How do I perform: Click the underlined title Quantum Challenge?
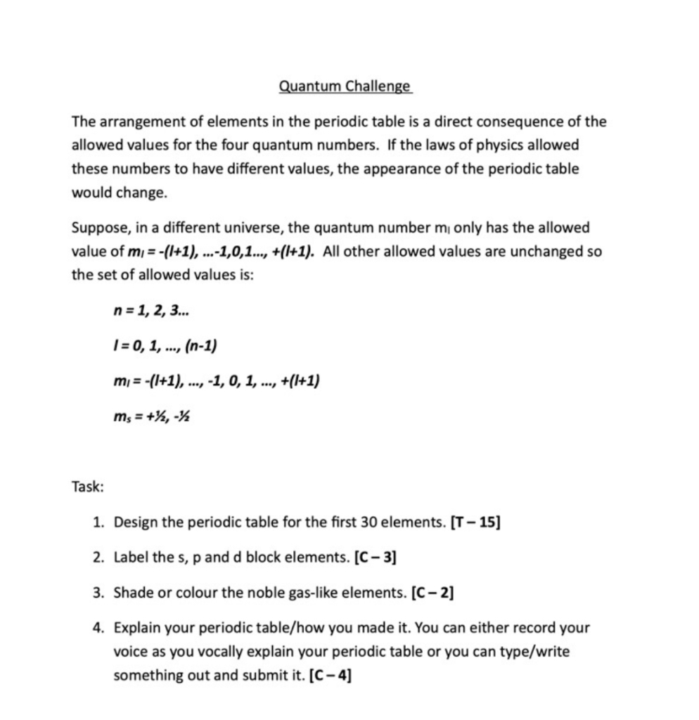[x=345, y=86]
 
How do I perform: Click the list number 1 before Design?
[x=98, y=522]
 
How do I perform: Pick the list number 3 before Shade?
[x=98, y=593]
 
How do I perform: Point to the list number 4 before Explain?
[x=98, y=628]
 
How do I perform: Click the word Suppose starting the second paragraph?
[x=97, y=228]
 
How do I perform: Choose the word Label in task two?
[x=129, y=558]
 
